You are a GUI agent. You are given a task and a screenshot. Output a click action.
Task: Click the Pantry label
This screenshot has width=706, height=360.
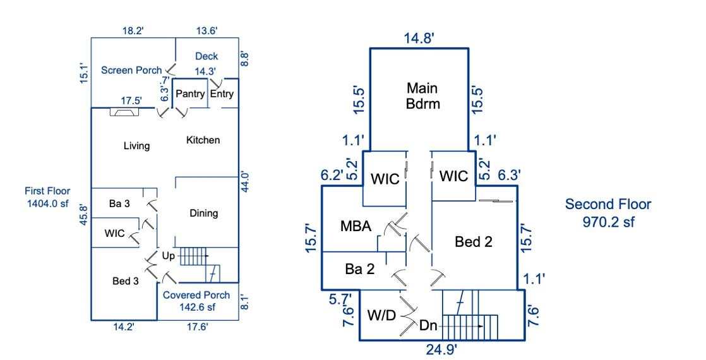click(x=190, y=95)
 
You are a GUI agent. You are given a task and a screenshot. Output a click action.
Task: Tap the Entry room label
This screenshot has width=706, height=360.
click(x=222, y=95)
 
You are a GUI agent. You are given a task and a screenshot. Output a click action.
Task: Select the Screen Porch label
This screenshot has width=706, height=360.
click(x=131, y=70)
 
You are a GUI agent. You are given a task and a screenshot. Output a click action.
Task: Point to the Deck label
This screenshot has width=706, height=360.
click(x=206, y=57)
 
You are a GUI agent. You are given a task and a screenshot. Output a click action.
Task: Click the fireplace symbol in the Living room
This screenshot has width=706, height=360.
click(x=124, y=112)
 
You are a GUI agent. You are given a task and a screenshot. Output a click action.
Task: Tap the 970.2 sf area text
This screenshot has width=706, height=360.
click(x=607, y=222)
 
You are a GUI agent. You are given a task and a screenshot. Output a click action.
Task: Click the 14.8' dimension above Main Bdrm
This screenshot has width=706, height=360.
click(x=419, y=39)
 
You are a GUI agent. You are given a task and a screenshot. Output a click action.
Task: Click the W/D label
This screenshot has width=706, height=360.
click(x=381, y=314)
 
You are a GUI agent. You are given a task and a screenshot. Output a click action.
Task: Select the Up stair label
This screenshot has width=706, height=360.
click(x=169, y=256)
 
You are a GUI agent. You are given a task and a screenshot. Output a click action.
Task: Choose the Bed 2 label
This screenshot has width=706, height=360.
click(x=474, y=241)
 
